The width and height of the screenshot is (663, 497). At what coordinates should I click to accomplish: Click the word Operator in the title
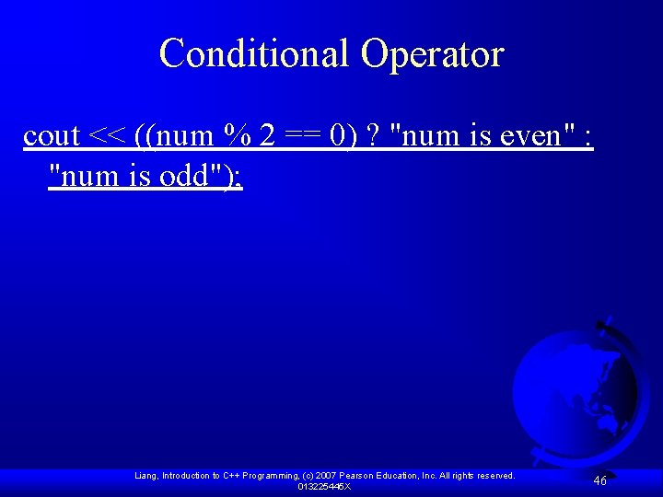click(x=433, y=53)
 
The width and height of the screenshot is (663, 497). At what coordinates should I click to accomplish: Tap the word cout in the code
click(x=52, y=136)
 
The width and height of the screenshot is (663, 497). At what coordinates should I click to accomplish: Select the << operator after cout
click(x=107, y=136)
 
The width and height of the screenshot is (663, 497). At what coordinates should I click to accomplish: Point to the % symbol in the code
click(x=237, y=136)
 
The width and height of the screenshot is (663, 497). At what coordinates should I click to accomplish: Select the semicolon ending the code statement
click(x=238, y=177)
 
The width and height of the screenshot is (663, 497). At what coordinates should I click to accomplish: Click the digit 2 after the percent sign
click(x=267, y=136)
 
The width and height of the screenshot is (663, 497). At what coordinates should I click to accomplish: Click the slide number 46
click(x=599, y=480)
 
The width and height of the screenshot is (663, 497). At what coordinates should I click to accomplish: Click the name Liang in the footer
click(x=146, y=476)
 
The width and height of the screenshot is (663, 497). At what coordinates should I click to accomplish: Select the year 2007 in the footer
click(x=328, y=476)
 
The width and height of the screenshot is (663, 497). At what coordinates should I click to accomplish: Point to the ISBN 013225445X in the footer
click(x=324, y=486)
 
